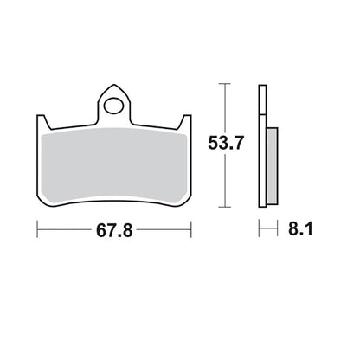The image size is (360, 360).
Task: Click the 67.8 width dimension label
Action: [114, 230]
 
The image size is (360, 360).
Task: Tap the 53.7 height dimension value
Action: [226, 143]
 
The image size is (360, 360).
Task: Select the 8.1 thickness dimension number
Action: [300, 229]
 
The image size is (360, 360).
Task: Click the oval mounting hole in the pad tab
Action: [113, 106]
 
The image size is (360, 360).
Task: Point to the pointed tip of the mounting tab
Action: [114, 85]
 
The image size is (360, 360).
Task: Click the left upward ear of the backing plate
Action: [42, 122]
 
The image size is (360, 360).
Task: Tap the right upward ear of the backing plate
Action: [186, 121]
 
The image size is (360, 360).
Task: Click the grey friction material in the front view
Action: [114, 164]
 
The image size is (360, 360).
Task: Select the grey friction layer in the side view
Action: [272, 165]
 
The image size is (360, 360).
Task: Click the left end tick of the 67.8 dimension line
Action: [37, 229]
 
